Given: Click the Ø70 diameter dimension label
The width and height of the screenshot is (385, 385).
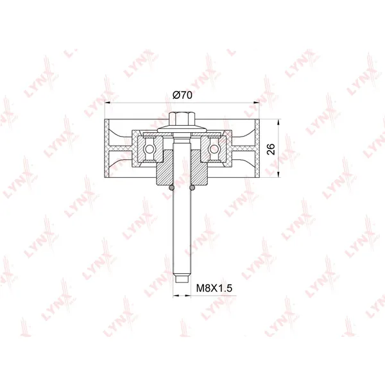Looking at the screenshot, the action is pyautogui.click(x=182, y=95).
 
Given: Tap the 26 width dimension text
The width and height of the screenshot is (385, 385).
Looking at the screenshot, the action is pyautogui.click(x=271, y=149).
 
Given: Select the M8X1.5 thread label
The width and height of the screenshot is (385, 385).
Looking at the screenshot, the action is pyautogui.click(x=214, y=287).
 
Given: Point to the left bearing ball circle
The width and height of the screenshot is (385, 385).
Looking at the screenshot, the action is pyautogui.click(x=150, y=149).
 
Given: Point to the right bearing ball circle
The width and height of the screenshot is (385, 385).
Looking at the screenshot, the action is pyautogui.click(x=214, y=149).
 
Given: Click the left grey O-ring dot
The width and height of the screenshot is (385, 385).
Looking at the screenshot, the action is pyautogui.click(x=171, y=188).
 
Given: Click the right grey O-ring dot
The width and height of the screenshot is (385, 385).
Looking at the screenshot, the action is pyautogui.click(x=193, y=188).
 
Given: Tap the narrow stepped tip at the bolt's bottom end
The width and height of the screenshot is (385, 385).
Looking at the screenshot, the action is pyautogui.click(x=182, y=278).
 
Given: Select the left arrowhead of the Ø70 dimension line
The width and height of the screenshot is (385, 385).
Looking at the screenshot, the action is pyautogui.click(x=108, y=103).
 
